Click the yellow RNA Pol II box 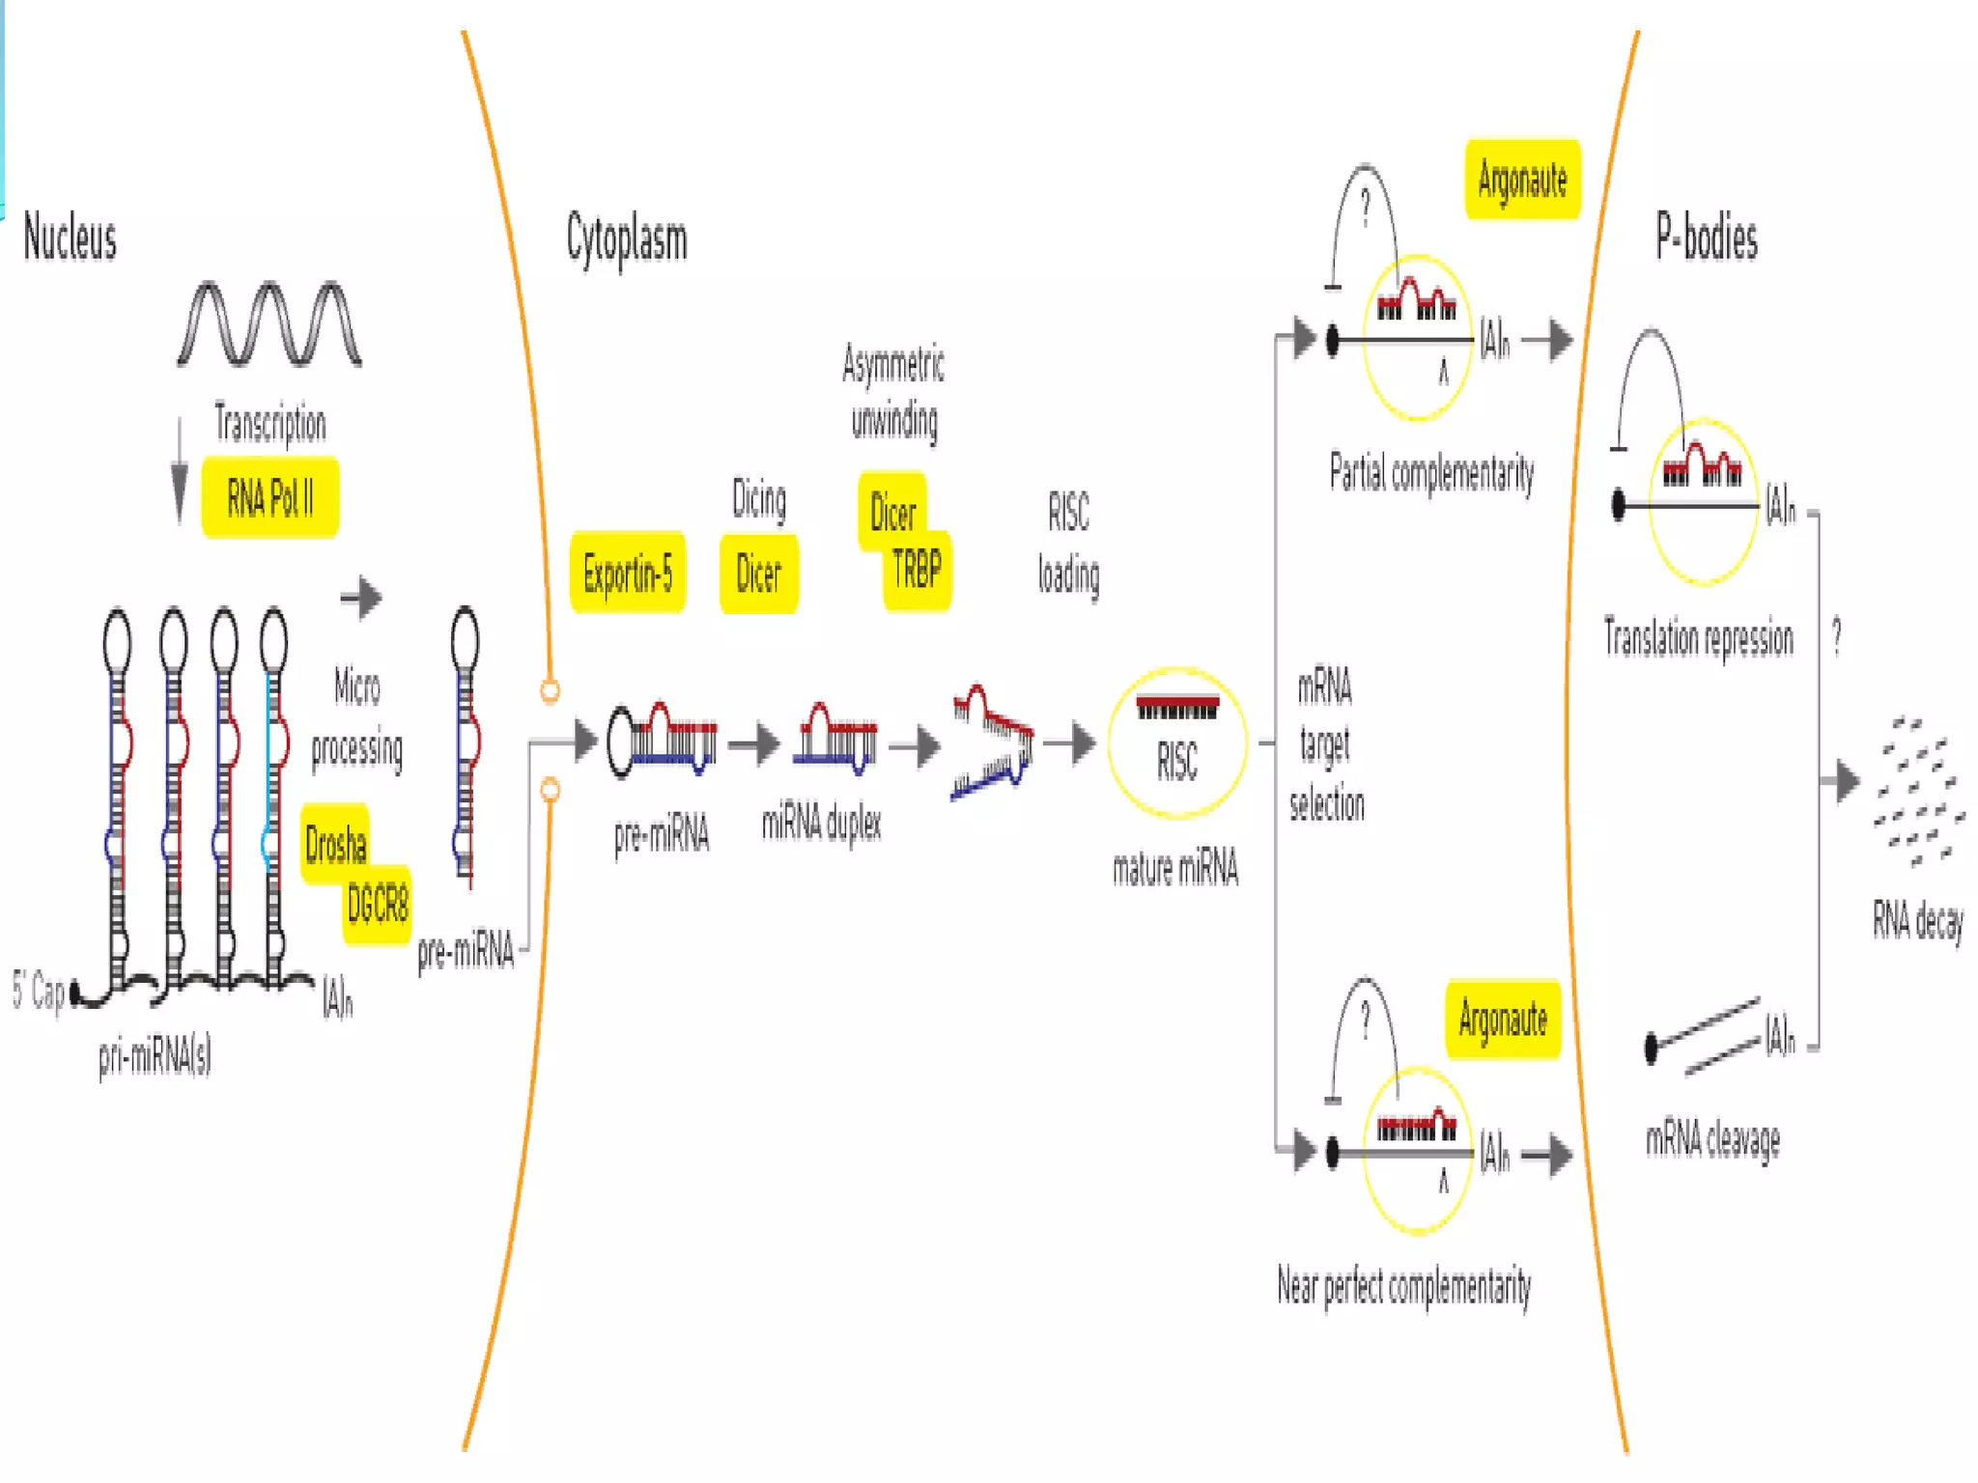[269, 498]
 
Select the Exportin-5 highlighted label [628, 574]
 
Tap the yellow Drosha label [335, 844]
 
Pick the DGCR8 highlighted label [378, 905]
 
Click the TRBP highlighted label [917, 570]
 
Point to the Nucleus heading [70, 238]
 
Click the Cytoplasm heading [627, 239]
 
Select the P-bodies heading [1707, 238]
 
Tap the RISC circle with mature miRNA [1176, 743]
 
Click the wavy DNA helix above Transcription [269, 324]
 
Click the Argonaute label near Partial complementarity [1522, 181]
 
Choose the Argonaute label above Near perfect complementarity [1503, 1020]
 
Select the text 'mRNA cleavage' [1712, 1140]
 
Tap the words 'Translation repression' [1698, 639]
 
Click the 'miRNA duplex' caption [821, 824]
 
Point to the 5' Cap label [39, 991]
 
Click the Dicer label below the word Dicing [758, 574]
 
